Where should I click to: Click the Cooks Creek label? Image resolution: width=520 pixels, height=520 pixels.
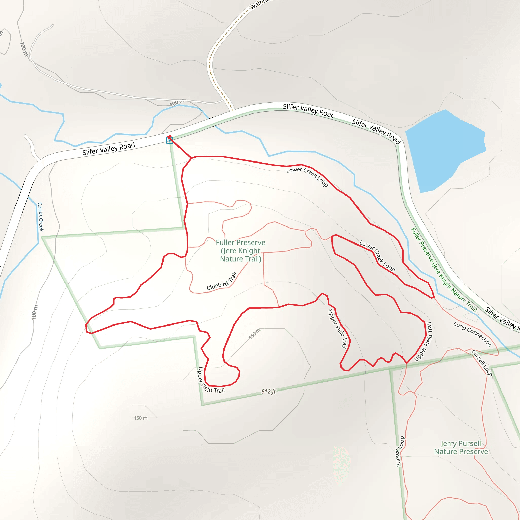tap(40, 217)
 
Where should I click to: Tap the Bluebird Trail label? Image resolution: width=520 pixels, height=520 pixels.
tap(222, 282)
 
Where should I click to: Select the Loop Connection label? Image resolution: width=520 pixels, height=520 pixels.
tap(472, 334)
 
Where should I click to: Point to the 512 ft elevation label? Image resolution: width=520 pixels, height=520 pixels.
tap(268, 392)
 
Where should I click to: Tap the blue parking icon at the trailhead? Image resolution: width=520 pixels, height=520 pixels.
tap(169, 140)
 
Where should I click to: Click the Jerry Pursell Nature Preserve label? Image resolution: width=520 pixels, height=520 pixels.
tap(461, 447)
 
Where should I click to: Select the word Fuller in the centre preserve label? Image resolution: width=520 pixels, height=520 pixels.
tap(225, 242)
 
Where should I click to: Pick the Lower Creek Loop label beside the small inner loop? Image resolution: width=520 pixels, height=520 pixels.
tap(377, 256)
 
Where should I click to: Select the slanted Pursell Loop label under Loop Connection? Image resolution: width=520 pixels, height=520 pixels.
tap(482, 363)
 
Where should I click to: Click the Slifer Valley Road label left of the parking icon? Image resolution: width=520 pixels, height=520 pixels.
tap(108, 149)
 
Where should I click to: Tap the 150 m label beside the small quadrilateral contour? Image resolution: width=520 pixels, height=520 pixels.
tap(140, 418)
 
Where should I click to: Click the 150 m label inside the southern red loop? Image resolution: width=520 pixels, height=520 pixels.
tap(254, 334)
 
